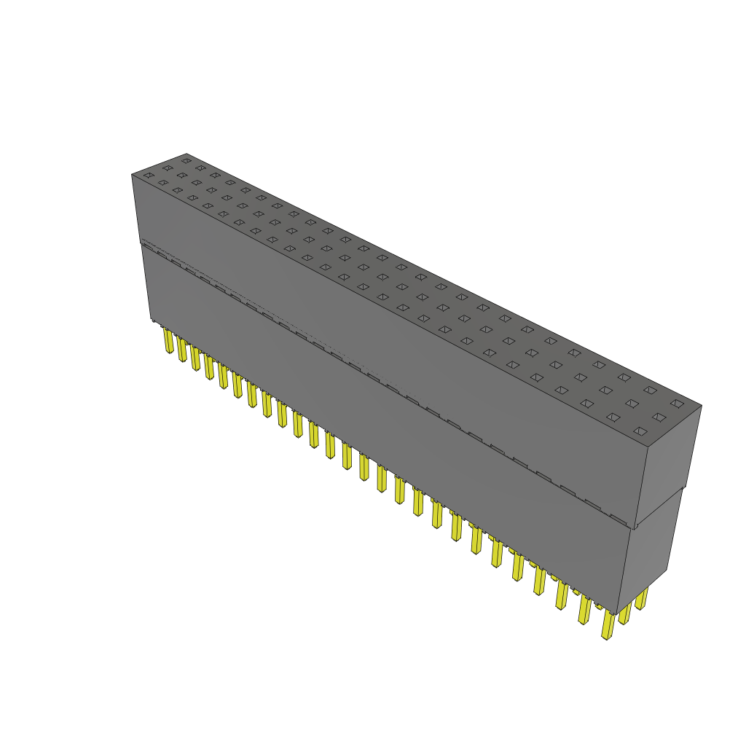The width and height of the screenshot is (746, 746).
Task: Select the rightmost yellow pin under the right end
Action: coord(641,599)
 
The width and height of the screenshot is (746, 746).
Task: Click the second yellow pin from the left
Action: coord(182,350)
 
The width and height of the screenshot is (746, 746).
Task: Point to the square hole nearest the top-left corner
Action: coord(149,175)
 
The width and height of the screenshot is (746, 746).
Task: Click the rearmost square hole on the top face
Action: coord(186,160)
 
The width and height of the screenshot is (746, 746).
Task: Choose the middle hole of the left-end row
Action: coord(168,168)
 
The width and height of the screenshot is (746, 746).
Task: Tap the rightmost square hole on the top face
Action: coord(677,404)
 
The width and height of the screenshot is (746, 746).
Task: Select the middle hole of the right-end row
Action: coord(659,417)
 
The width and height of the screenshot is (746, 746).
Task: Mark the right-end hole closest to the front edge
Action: coord(640,431)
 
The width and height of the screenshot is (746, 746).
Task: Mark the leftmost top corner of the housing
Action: coord(132,175)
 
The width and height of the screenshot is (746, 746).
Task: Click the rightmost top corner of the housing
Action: coord(702,406)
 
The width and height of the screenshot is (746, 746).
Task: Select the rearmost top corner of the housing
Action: coord(187,154)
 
